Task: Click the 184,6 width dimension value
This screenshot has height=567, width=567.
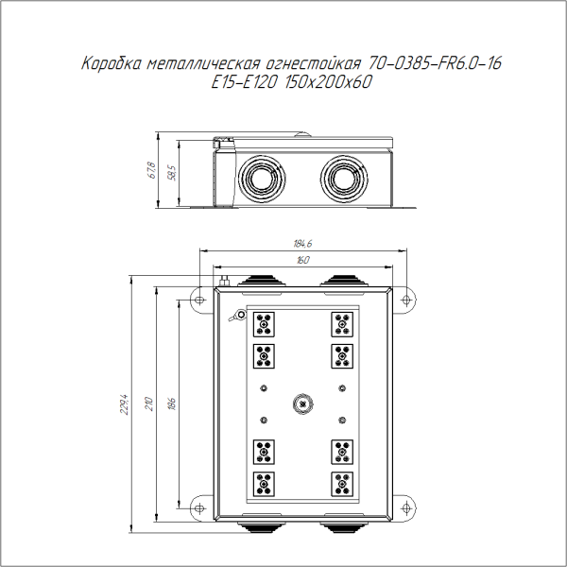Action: [302, 244]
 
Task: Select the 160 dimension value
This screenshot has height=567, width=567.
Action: [303, 260]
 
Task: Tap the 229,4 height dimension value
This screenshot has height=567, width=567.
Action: [124, 404]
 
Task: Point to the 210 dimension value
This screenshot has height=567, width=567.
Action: [149, 404]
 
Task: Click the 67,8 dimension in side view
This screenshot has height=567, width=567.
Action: [152, 170]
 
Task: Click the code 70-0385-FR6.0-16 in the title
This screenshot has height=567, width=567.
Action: [435, 63]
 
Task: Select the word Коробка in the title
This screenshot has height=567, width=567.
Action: [112, 63]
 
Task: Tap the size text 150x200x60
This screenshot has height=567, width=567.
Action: [328, 82]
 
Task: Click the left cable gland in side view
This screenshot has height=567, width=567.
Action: [262, 179]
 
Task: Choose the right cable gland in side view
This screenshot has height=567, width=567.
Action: [344, 179]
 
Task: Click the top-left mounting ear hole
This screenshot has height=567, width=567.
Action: [199, 300]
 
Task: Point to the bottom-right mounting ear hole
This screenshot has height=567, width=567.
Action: [406, 508]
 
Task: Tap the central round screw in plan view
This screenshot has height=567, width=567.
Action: [302, 404]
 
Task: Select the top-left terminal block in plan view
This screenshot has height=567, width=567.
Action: [264, 324]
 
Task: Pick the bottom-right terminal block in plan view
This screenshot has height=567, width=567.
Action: [342, 484]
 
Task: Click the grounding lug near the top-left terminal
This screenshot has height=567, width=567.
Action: [238, 316]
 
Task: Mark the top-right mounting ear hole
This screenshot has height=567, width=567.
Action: [406, 300]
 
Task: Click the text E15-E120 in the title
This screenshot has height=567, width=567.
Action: [244, 82]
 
